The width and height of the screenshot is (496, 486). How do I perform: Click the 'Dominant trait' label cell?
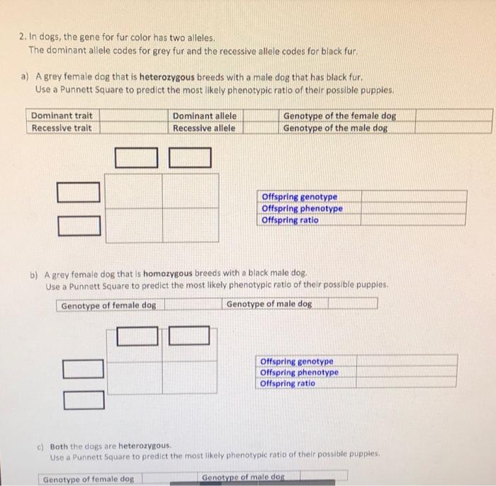(x=63, y=115)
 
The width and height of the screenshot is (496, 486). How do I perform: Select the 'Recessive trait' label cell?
(x=63, y=128)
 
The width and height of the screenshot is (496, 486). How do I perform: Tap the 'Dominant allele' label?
(x=205, y=116)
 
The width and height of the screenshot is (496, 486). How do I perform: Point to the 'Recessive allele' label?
(x=204, y=128)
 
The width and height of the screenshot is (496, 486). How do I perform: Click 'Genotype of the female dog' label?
(x=339, y=116)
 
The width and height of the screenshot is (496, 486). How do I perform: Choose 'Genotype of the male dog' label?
(x=335, y=128)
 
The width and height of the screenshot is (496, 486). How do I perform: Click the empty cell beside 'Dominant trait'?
(x=134, y=115)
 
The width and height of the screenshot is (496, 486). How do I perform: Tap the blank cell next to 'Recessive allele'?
(x=261, y=128)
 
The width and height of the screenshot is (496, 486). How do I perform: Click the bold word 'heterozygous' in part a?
(x=167, y=77)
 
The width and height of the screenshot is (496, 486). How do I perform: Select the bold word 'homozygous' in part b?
(x=168, y=273)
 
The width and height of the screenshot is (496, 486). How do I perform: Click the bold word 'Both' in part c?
(x=59, y=446)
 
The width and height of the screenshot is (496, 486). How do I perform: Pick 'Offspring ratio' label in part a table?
(x=290, y=220)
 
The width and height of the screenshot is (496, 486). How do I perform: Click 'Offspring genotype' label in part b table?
(x=297, y=361)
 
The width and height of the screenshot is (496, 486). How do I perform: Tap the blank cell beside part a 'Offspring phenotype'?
(x=413, y=208)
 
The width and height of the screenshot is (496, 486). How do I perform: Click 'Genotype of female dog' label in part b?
(x=108, y=306)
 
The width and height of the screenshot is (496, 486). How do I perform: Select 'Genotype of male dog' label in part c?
(x=243, y=477)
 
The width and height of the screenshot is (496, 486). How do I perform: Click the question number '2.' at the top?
(x=23, y=37)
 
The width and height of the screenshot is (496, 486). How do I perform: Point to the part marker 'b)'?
(x=34, y=275)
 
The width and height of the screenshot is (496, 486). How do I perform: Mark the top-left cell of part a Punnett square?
(x=133, y=191)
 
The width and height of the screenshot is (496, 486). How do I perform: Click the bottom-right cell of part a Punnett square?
(x=191, y=225)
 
